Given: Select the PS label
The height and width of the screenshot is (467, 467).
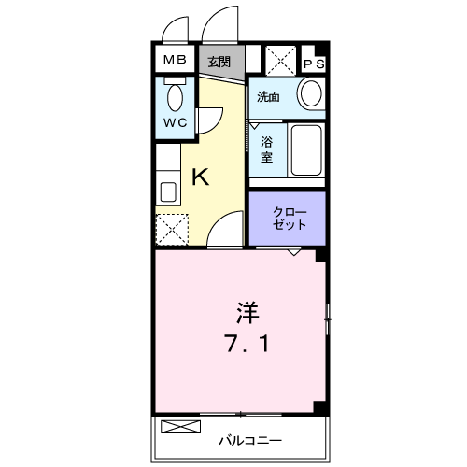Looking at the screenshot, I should (314, 64).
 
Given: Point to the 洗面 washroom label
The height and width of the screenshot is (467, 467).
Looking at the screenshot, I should (269, 95).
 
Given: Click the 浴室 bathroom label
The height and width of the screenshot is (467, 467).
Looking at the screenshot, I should (267, 149).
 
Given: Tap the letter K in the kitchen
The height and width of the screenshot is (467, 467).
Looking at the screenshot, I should (200, 176).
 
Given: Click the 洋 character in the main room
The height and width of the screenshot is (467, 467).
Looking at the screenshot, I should (247, 309).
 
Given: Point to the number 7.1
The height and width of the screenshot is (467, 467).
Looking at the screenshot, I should (248, 345).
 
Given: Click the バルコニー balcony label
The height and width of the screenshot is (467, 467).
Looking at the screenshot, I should (250, 438).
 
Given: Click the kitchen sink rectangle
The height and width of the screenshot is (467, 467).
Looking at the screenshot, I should (168, 192).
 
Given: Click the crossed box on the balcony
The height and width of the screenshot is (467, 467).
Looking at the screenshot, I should (180, 429).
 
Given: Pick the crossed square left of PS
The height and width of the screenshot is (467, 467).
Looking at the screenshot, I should (280, 61).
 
